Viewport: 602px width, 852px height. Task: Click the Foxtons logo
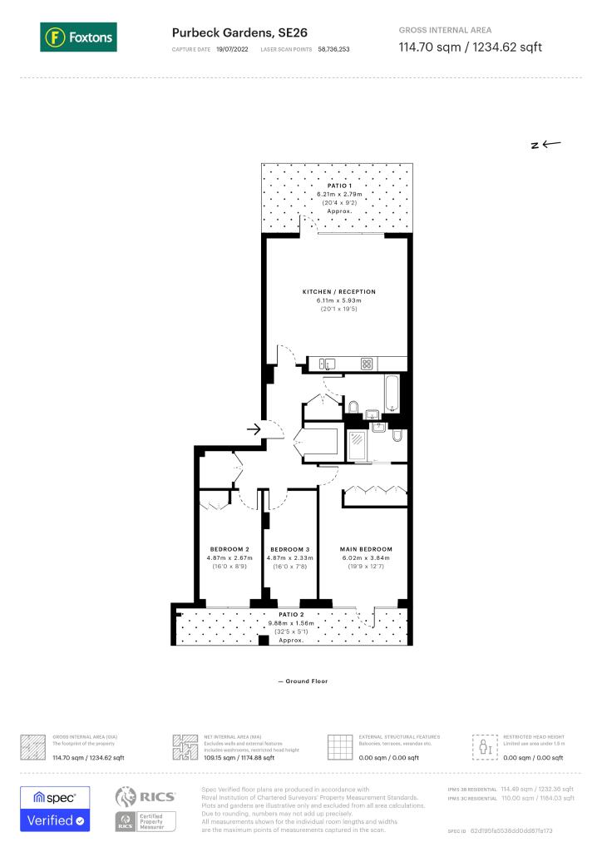pyautogui.click(x=78, y=37)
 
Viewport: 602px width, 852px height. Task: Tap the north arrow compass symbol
pyautogui.click(x=546, y=144)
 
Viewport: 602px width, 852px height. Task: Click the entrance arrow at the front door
pyautogui.click(x=254, y=429)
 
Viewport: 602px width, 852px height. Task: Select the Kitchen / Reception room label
pyautogui.click(x=338, y=292)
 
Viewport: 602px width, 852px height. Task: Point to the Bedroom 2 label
pyautogui.click(x=229, y=549)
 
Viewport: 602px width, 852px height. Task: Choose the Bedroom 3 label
pyautogui.click(x=290, y=549)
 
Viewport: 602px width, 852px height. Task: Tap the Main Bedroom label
pyautogui.click(x=366, y=549)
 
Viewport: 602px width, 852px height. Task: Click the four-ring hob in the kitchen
pyautogui.click(x=366, y=364)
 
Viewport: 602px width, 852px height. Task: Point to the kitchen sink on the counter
pyautogui.click(x=324, y=364)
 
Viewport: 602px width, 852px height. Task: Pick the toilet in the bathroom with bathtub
pyautogui.click(x=353, y=407)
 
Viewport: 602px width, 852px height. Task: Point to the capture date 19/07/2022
pyautogui.click(x=232, y=50)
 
